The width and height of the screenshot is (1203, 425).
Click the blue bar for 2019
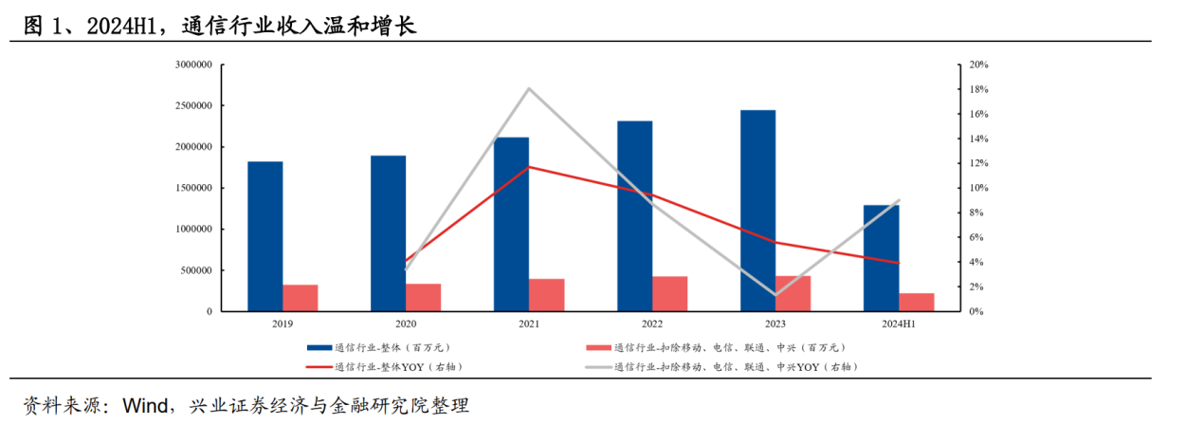coord(265,236)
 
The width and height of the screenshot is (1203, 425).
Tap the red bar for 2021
coord(547,295)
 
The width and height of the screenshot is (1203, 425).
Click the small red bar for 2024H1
coord(917,302)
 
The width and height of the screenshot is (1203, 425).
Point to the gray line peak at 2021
coord(529,88)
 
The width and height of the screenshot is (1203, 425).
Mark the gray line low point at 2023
coord(775,295)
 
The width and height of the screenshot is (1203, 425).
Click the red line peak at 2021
coord(529,167)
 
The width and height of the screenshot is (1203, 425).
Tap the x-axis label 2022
coord(652,324)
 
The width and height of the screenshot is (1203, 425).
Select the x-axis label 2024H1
coord(899,324)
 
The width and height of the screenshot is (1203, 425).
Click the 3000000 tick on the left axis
coord(193,65)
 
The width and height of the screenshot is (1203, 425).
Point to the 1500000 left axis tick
coord(193,188)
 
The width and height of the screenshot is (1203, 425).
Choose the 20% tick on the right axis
coord(979,65)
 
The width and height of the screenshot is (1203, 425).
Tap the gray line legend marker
coord(598,366)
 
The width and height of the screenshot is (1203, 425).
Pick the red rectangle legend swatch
coord(598,348)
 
